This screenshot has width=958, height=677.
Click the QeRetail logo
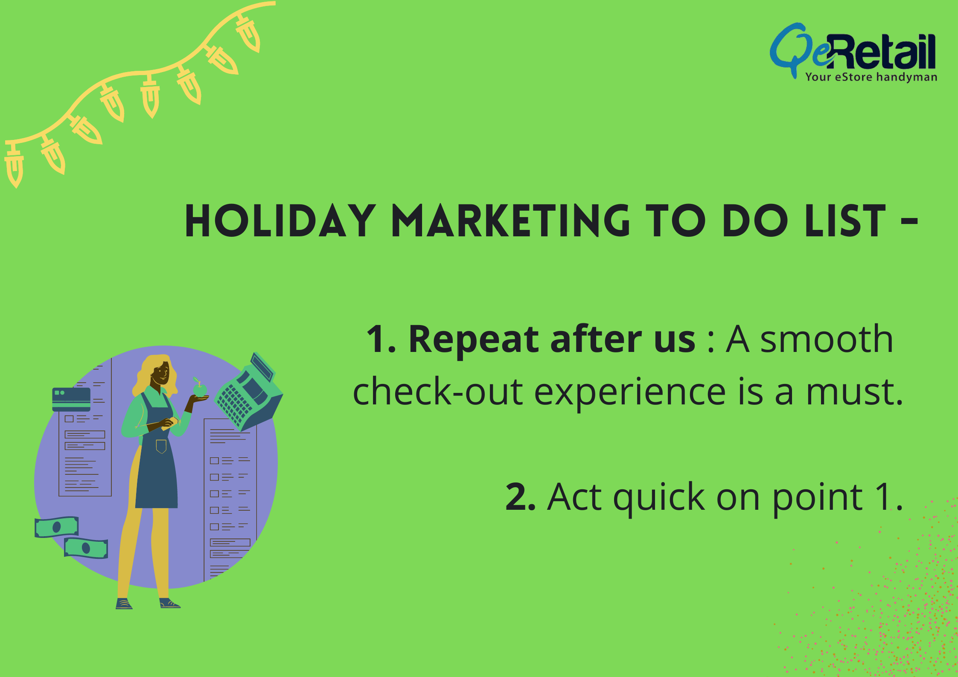click(853, 52)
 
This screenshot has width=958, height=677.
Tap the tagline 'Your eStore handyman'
click(871, 77)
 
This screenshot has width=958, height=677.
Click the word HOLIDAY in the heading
click(280, 221)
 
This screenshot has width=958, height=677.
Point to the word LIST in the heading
click(845, 221)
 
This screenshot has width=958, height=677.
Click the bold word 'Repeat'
click(474, 339)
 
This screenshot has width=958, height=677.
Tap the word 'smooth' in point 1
click(827, 339)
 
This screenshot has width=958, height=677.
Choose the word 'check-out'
click(438, 392)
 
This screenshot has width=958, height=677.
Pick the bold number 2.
click(520, 497)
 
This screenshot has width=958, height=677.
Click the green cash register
click(249, 392)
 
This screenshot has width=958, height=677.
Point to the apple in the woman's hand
click(200, 388)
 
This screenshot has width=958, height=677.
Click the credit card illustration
click(71, 399)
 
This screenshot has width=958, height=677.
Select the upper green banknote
click(57, 527)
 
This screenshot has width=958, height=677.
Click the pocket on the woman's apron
click(161, 446)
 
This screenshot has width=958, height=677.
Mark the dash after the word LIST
click(909, 221)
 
